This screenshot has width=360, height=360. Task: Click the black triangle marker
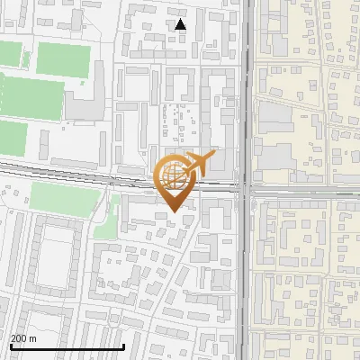coord(181,24)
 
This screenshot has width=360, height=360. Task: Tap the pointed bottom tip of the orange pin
coord(172,211)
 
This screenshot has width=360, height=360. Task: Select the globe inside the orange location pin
coord(172,176)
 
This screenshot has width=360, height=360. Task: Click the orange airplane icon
coord(199,166)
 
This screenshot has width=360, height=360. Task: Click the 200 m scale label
coord(23,338)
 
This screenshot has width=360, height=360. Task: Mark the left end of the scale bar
coord(11,346)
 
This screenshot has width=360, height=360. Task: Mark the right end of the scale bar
coord(123,346)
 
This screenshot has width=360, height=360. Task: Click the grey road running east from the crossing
coord(306,191)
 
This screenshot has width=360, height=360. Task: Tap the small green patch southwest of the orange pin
coord(106,225)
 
